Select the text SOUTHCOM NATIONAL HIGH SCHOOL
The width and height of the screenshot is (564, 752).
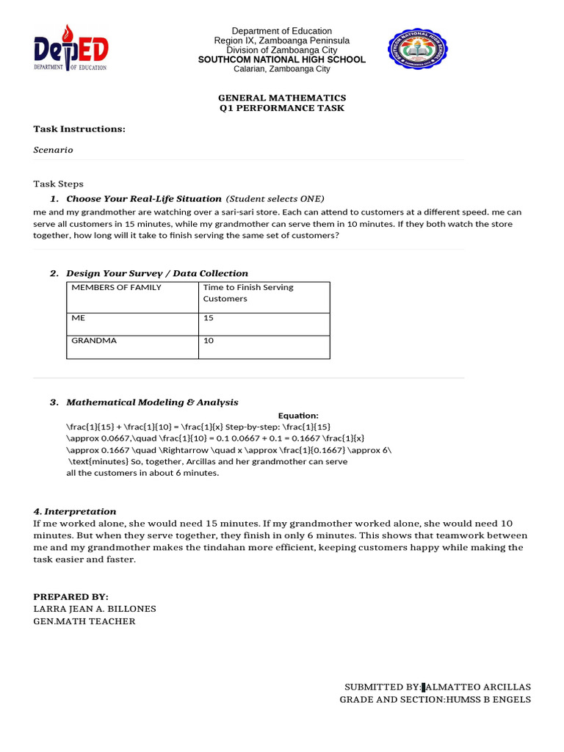click(281, 59)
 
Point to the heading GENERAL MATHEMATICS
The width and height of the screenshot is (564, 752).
click(281, 98)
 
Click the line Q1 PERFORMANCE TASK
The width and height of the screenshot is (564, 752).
click(281, 108)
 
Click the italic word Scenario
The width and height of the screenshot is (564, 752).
click(53, 150)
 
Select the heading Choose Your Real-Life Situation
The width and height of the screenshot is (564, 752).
click(143, 199)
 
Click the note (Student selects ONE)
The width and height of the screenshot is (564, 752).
click(275, 199)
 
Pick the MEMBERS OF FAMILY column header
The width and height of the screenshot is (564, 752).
click(116, 287)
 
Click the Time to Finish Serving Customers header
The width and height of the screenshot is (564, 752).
click(247, 293)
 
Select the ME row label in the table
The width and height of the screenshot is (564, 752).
click(79, 319)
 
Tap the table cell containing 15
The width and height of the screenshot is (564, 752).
click(209, 319)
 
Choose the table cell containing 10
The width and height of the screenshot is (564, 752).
click(209, 341)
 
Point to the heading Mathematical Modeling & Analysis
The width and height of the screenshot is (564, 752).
click(152, 402)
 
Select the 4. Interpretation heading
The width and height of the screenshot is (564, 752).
click(75, 511)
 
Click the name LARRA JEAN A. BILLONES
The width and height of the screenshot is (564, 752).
click(95, 609)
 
